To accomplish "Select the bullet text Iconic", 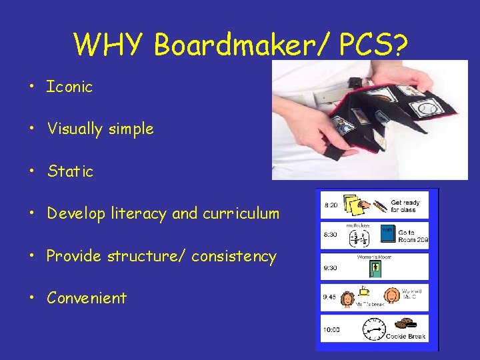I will (69, 87).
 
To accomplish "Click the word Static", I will (70, 171).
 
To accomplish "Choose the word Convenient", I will (87, 298).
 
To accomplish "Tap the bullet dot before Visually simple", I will (31, 129).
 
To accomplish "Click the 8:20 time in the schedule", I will (331, 205).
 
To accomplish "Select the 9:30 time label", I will (331, 268).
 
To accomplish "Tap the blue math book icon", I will (387, 233).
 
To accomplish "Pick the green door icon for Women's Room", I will (375, 269).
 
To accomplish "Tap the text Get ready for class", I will (405, 206).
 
